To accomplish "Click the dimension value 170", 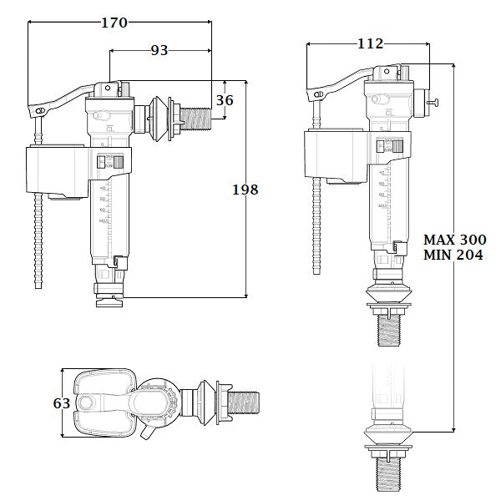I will [114, 23].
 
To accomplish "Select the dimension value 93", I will [159, 50].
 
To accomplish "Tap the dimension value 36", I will [225, 99].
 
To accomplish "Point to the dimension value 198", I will [244, 190].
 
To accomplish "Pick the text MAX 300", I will [454, 239].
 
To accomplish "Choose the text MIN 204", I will [454, 256].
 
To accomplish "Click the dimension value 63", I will [61, 403].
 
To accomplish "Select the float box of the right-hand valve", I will [334, 156].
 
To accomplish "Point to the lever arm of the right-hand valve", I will [342, 85].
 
